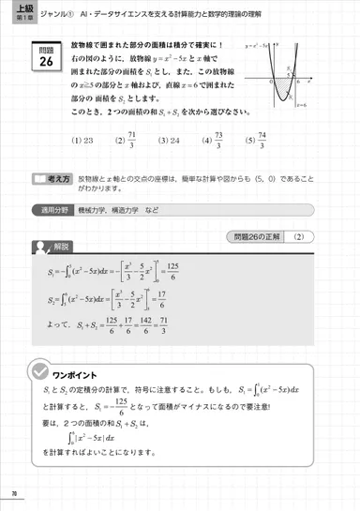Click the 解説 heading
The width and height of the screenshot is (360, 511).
(62, 248)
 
